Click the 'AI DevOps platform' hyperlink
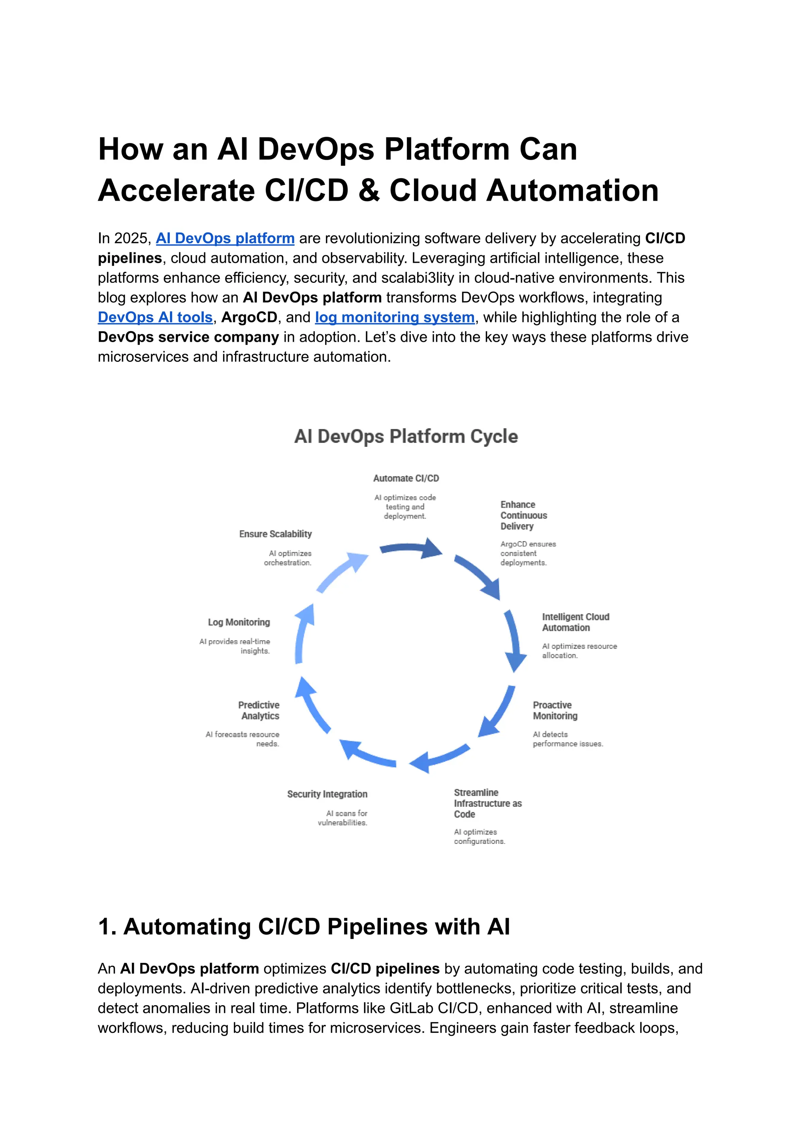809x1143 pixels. click(225, 239)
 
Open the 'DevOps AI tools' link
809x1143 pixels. click(155, 317)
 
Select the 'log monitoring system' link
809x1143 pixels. click(395, 317)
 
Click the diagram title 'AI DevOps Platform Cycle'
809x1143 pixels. click(406, 437)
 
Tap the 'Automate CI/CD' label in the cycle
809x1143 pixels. click(406, 478)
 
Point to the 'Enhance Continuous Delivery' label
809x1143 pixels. click(523, 515)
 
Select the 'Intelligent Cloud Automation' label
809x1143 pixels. click(576, 622)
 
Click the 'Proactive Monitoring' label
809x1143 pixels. click(555, 710)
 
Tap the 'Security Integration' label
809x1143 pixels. click(327, 794)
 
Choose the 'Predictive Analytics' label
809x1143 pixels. click(259, 710)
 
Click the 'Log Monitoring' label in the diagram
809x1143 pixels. click(239, 622)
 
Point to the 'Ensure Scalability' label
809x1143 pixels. click(275, 534)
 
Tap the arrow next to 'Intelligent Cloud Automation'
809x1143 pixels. click(515, 640)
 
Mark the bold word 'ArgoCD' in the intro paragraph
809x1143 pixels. click(249, 317)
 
